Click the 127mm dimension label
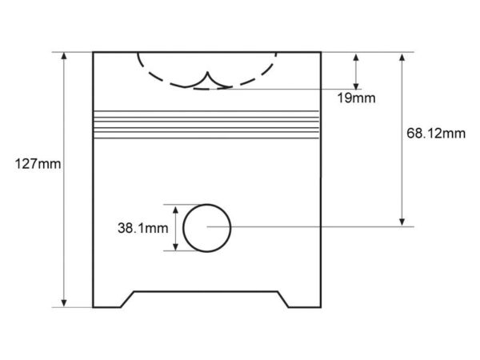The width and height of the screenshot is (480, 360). (38, 164)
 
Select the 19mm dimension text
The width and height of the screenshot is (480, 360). (356, 98)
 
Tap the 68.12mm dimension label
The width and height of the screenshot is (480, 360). (436, 134)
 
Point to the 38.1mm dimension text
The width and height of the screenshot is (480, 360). (143, 228)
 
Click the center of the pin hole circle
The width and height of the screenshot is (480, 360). (207, 228)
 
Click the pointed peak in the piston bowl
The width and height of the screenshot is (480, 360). (207, 73)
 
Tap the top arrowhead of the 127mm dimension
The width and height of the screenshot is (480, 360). (64, 56)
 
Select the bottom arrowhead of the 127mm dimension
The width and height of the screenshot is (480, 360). (64, 303)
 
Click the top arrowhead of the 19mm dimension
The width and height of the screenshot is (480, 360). (356, 58)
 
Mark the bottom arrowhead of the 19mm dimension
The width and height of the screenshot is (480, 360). (356, 86)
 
